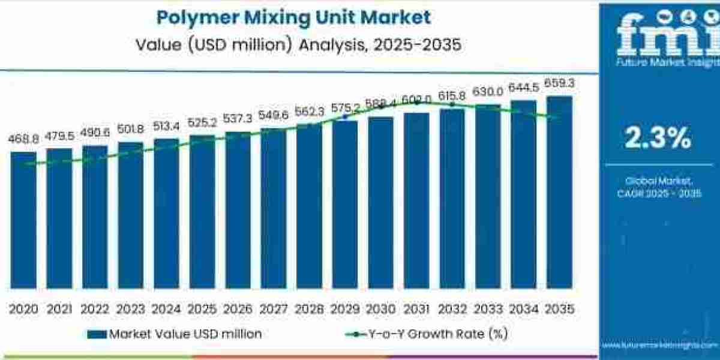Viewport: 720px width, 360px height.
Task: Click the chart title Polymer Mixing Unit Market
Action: [294, 17]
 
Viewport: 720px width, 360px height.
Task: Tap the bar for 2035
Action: [559, 192]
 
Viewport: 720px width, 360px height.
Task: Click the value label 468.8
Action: [23, 139]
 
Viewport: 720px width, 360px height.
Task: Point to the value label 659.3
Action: [559, 83]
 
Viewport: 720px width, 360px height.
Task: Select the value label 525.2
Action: [202, 123]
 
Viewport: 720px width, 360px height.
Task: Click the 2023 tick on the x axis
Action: [131, 309]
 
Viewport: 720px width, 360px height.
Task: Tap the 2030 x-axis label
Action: [380, 309]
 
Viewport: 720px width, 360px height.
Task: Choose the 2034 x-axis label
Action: [523, 309]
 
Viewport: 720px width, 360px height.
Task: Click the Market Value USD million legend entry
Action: [175, 334]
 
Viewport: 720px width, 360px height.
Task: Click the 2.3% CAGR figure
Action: [658, 139]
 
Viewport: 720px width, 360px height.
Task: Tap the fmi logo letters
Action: [659, 33]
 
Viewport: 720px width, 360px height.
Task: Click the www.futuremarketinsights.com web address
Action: [658, 346]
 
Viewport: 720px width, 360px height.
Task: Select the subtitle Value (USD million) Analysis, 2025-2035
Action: [294, 45]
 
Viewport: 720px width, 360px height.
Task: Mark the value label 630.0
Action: [487, 91]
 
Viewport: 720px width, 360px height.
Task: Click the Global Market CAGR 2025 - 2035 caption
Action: [658, 187]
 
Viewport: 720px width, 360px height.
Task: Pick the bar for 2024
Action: [166, 213]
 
